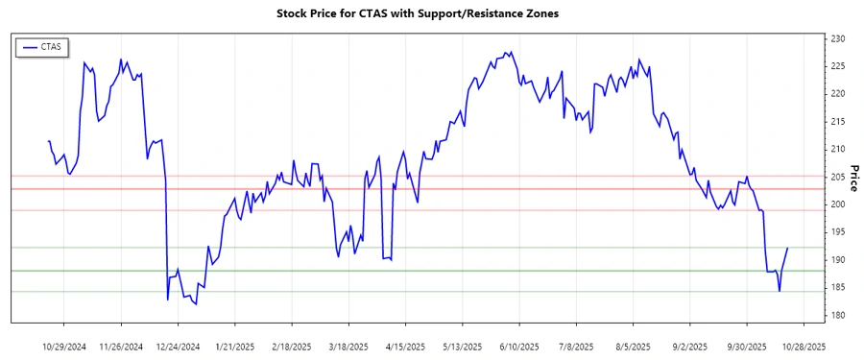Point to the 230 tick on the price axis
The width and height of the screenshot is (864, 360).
[837, 38]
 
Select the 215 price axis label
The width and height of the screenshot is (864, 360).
[837, 122]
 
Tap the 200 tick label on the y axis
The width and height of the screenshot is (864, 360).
[837, 204]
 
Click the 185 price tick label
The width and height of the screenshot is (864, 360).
[837, 287]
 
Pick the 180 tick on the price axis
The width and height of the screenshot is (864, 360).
[837, 315]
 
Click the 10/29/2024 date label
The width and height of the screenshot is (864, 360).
[64, 346]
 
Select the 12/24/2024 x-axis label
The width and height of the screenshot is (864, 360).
[178, 346]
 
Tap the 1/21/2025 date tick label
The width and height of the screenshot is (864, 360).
[234, 346]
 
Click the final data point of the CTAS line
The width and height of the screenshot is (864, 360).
[788, 248]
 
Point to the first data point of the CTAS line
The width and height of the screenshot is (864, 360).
[48, 141]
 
